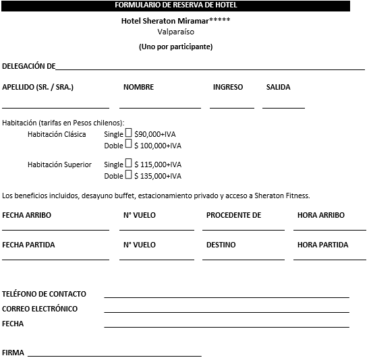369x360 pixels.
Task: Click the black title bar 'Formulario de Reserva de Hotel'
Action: (175, 5)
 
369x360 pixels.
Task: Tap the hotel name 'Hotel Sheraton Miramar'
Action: (166, 21)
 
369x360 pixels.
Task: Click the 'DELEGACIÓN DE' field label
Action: (28, 66)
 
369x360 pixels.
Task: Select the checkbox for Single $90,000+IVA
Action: (129, 133)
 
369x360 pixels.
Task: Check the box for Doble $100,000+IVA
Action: (128, 144)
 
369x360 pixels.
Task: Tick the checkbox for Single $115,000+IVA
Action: (129, 164)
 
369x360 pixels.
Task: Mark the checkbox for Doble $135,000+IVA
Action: (128, 175)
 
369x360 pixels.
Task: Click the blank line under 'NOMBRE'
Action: (160, 107)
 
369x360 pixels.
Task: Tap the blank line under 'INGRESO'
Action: (231, 107)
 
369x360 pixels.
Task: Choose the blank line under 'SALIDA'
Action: (283, 107)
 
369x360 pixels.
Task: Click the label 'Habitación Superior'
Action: (59, 164)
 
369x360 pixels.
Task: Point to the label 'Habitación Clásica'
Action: (57, 134)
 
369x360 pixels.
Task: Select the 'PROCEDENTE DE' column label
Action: (233, 215)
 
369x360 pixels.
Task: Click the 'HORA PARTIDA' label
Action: (322, 245)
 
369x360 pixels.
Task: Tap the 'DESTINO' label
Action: (221, 245)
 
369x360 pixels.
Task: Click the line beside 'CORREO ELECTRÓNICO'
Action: (227, 311)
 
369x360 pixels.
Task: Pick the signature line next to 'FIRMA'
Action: (114, 355)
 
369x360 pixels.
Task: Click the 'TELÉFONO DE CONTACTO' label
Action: (45, 294)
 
